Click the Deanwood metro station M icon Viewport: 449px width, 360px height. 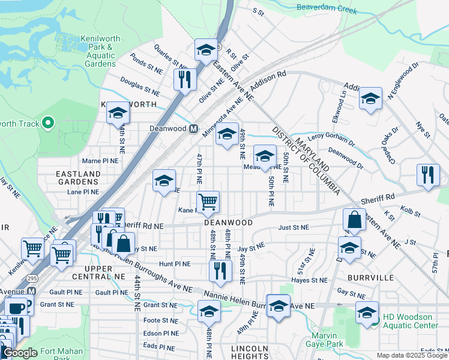(193, 129)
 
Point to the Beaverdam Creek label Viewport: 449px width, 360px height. (327, 10)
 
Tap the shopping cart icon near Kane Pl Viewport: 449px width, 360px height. (208, 202)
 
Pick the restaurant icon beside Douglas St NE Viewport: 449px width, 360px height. (185, 79)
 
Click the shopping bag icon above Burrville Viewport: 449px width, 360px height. (354, 220)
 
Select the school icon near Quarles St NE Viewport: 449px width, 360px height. (206, 50)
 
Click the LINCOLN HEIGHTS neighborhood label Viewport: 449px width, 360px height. (250, 353)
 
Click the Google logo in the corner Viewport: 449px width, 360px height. (20, 353)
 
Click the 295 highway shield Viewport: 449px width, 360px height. (30, 280)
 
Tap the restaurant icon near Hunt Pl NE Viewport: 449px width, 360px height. (220, 270)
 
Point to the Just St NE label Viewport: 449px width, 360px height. (294, 227)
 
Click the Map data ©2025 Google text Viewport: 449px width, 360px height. (412, 355)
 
